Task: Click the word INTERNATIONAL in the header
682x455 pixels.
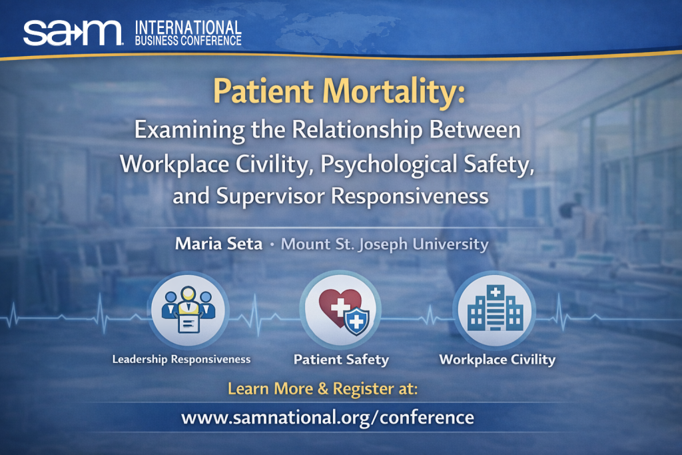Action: coord(188,28)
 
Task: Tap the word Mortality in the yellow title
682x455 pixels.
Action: coord(394,91)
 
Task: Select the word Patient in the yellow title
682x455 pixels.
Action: coord(263,91)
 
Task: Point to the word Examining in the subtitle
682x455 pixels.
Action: coord(189,130)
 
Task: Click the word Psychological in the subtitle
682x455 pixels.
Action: coord(388,165)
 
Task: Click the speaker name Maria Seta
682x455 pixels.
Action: coord(218,244)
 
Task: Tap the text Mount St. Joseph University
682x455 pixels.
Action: coord(384,244)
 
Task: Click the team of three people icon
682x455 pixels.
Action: coord(188,310)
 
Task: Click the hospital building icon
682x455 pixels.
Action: coord(495,308)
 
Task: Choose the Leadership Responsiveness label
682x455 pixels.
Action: coord(181,359)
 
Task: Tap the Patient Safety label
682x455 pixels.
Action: coord(341,359)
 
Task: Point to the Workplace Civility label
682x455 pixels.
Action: coord(497,359)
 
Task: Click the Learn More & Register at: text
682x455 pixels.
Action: coord(323,388)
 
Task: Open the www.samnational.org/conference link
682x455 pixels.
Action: coord(328,418)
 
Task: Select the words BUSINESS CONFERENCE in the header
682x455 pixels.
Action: coord(188,41)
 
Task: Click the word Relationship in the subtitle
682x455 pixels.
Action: coord(357,130)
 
